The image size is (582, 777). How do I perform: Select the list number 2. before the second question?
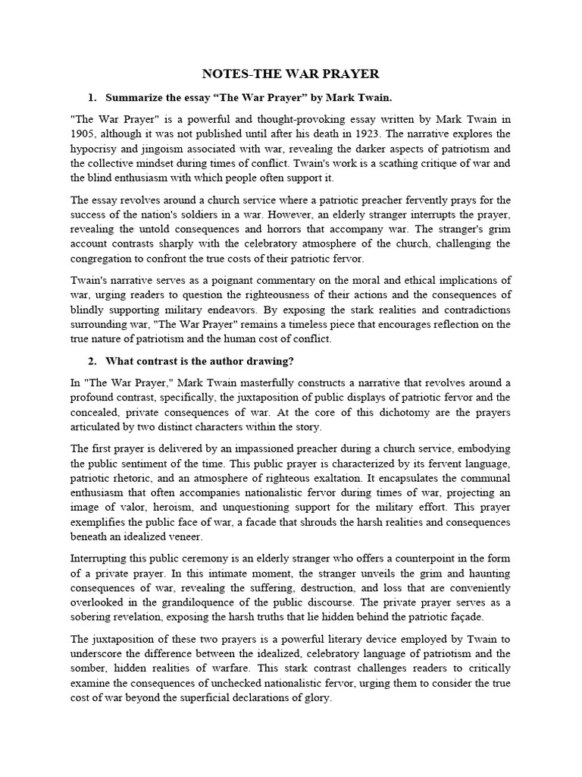[x=92, y=360]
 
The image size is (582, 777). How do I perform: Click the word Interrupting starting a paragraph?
[x=102, y=559]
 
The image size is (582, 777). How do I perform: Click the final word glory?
[x=315, y=698]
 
